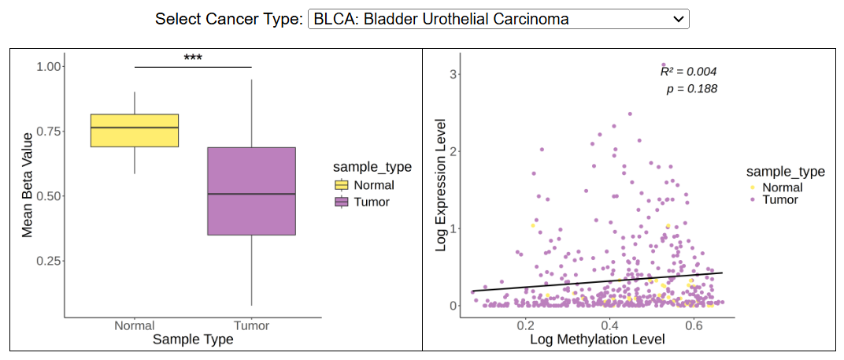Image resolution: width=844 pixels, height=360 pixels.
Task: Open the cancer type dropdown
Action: click(x=499, y=19)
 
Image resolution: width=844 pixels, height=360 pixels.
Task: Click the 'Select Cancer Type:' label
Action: click(x=228, y=19)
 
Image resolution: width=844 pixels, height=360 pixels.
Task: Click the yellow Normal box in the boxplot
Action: click(x=135, y=130)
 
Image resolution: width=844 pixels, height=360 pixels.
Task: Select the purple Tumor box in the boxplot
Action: click(x=251, y=191)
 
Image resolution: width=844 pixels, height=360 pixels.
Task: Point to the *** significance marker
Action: click(x=193, y=58)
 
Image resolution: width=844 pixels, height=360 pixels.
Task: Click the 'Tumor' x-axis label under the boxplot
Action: click(x=251, y=325)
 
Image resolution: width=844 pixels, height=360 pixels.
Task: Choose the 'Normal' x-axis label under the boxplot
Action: click(x=135, y=325)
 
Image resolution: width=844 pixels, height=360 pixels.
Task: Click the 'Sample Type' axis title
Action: click(x=193, y=340)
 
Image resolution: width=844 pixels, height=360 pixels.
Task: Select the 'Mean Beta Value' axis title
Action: click(x=28, y=184)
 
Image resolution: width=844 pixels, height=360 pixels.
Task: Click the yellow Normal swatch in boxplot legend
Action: click(x=342, y=185)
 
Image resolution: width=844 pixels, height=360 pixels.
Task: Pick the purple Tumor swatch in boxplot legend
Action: click(x=342, y=202)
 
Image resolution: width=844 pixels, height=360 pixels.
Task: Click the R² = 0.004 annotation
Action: click(x=688, y=72)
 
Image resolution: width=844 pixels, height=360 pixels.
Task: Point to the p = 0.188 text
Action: click(x=691, y=89)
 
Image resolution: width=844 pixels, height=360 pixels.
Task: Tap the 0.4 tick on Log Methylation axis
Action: click(x=609, y=325)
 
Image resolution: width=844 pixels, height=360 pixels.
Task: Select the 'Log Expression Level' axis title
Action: click(x=441, y=185)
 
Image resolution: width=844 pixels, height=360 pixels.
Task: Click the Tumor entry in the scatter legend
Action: click(x=780, y=200)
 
